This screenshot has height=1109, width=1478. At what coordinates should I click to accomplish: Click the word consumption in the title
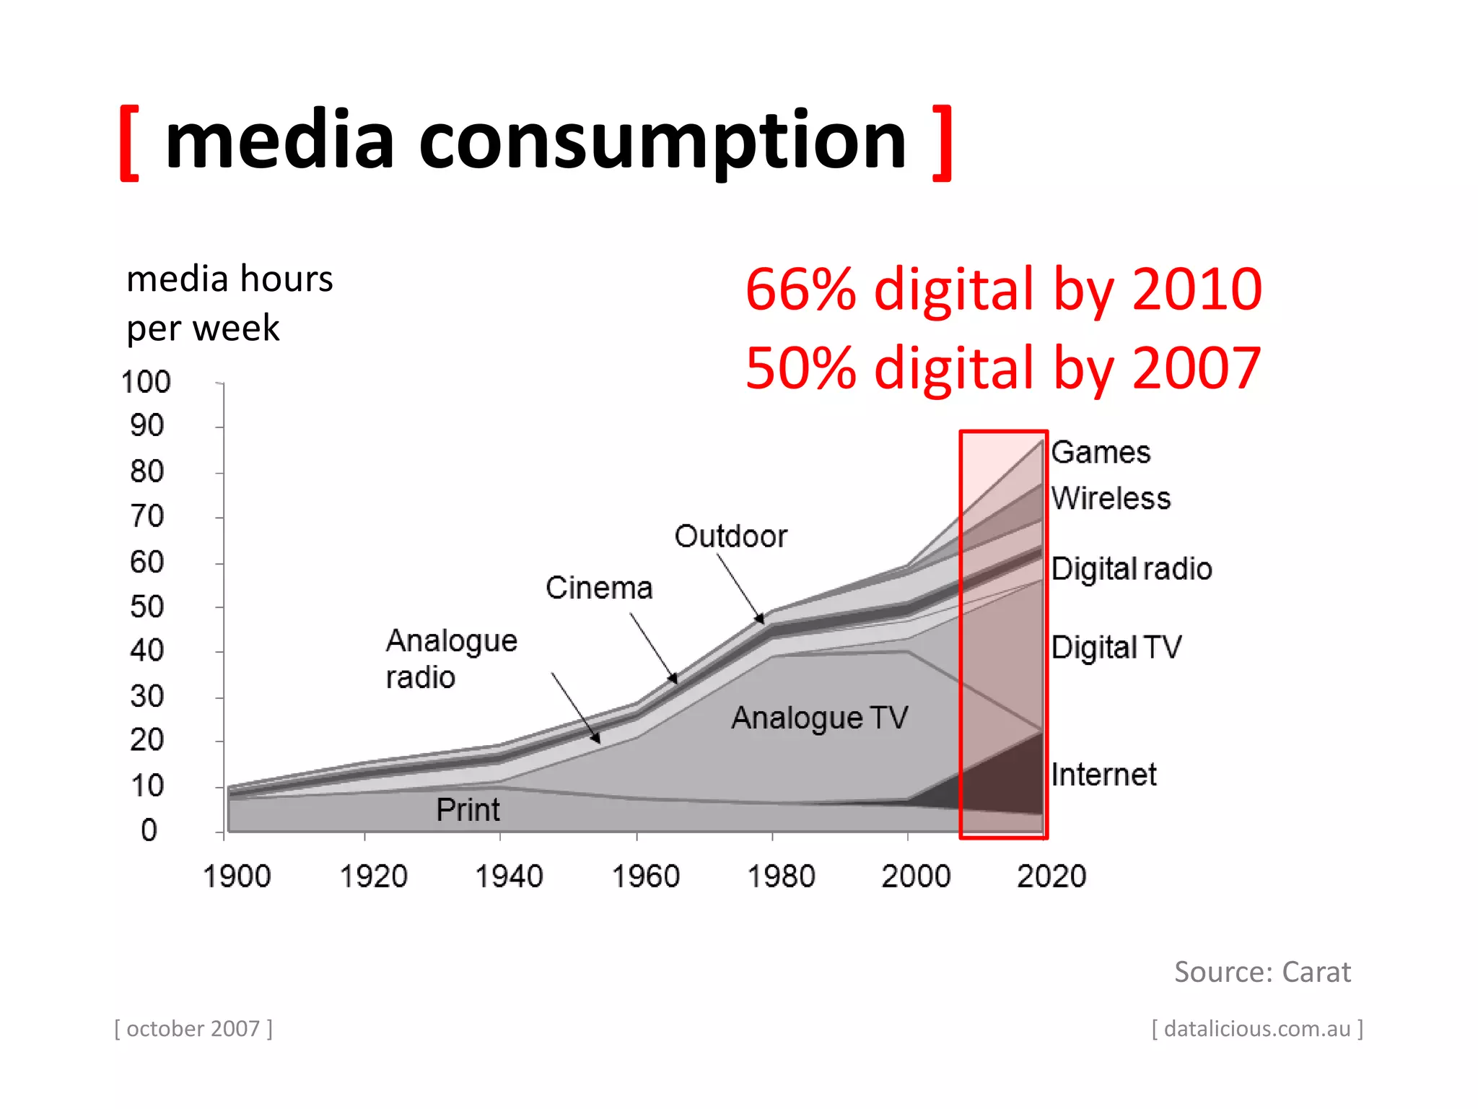click(x=662, y=142)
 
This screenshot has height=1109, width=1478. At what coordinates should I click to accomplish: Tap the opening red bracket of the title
click(x=129, y=143)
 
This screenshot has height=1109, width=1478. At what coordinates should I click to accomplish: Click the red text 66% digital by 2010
click(x=1003, y=290)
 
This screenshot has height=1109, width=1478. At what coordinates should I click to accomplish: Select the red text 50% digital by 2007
click(x=1003, y=368)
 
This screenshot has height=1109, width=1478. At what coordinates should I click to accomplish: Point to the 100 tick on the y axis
click(x=146, y=382)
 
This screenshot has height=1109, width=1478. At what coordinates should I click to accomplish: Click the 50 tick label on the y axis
click(x=147, y=606)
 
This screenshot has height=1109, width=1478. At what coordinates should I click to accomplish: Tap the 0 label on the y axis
click(x=149, y=830)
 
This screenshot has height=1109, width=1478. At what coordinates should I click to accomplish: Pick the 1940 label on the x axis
click(x=509, y=877)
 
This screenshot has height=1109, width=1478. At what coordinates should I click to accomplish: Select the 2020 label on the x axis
click(x=1051, y=877)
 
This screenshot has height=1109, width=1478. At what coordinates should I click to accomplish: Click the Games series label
click(x=1101, y=453)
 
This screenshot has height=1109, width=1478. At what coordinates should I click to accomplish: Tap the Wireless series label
click(x=1111, y=498)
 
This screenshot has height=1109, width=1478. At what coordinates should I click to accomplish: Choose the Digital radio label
click(x=1131, y=569)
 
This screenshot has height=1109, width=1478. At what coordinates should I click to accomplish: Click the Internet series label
click(x=1103, y=775)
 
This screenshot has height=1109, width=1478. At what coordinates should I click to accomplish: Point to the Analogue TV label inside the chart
click(x=820, y=718)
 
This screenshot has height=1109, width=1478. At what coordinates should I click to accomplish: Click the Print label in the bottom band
click(x=468, y=809)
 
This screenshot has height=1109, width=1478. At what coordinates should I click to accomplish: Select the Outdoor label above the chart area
click(x=730, y=536)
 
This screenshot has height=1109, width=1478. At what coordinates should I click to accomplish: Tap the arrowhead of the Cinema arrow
click(x=674, y=679)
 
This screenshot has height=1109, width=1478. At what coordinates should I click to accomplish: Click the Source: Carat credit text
click(x=1262, y=972)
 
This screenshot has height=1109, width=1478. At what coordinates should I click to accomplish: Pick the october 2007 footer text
click(x=193, y=1028)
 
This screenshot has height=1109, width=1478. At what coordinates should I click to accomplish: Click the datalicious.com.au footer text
click(x=1257, y=1028)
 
